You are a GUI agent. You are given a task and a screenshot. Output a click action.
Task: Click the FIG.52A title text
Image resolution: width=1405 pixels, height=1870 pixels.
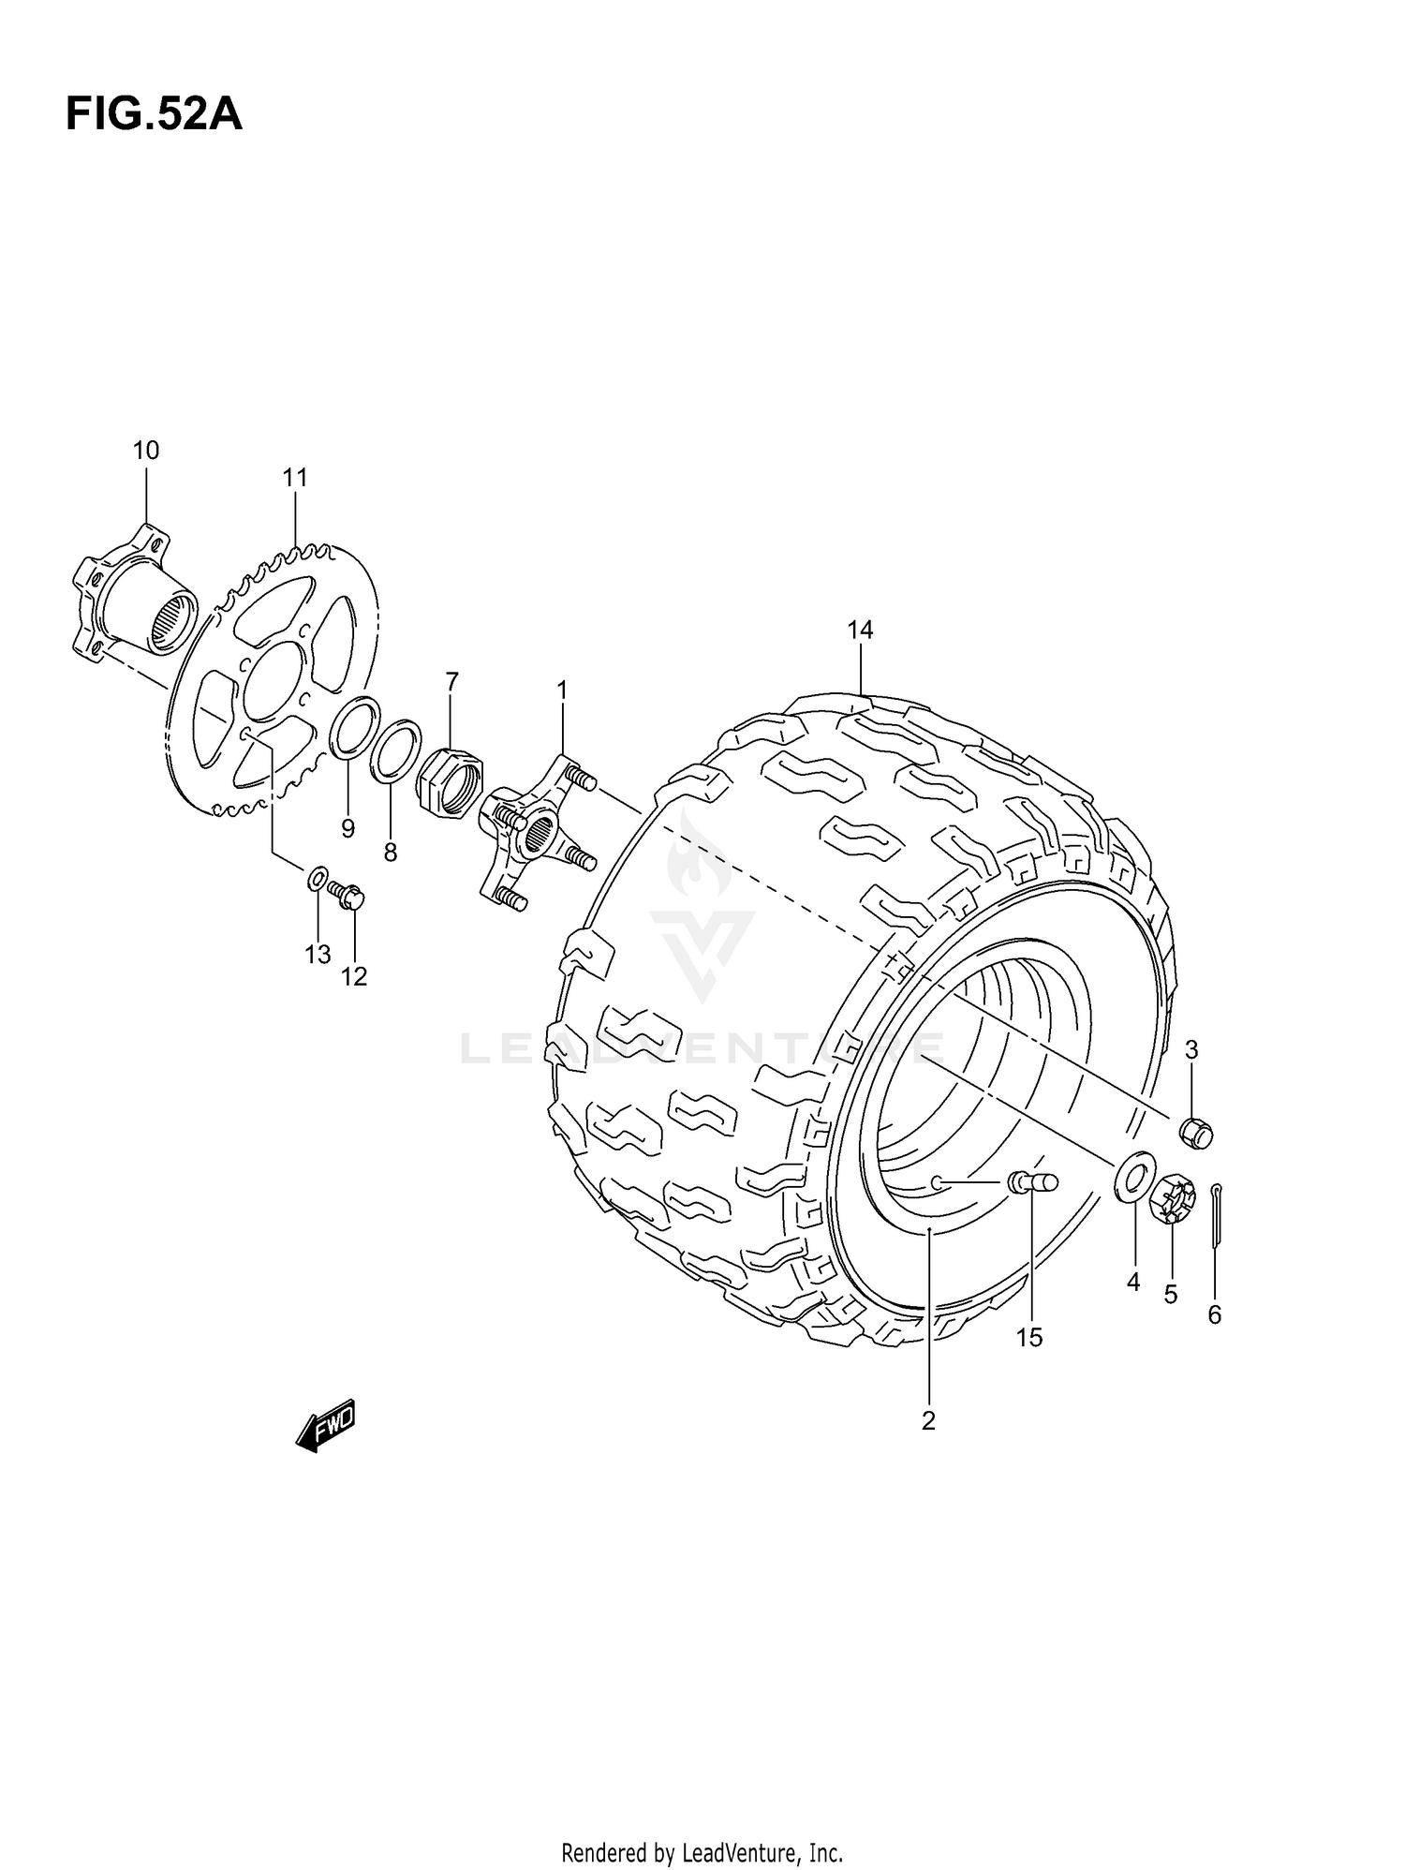coord(154,116)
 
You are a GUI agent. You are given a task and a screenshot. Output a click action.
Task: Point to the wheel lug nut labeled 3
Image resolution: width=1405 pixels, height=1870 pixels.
coord(1196,1133)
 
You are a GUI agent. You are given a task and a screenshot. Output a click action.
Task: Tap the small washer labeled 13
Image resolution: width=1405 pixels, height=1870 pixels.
coord(318,879)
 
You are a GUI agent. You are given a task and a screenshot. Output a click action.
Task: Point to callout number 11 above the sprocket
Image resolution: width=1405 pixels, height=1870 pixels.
coord(295,478)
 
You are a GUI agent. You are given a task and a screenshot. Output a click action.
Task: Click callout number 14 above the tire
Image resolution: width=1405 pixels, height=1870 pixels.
coord(860,631)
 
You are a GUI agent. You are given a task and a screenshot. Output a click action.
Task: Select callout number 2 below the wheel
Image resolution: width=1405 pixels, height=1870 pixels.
coord(928,1421)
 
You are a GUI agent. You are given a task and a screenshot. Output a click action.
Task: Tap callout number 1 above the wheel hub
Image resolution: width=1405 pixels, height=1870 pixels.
coord(562,690)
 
